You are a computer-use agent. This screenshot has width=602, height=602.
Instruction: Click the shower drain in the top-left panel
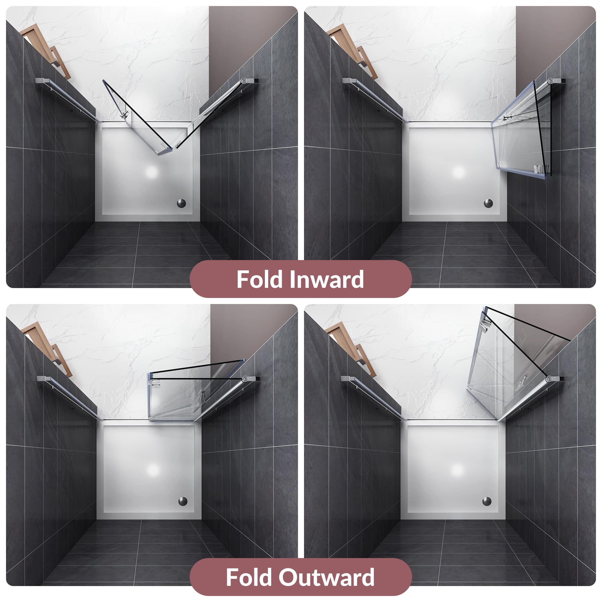tap(181, 203)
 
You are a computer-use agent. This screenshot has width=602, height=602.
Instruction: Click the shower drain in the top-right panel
tap(488, 203)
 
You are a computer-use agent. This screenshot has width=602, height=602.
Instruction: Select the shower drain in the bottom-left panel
tap(183, 501)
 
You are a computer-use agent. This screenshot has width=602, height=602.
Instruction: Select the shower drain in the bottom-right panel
tap(487, 501)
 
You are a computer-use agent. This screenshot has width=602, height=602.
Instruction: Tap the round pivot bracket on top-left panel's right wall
tap(244, 81)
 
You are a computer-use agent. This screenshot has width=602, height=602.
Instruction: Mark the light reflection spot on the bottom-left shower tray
tap(153, 470)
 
